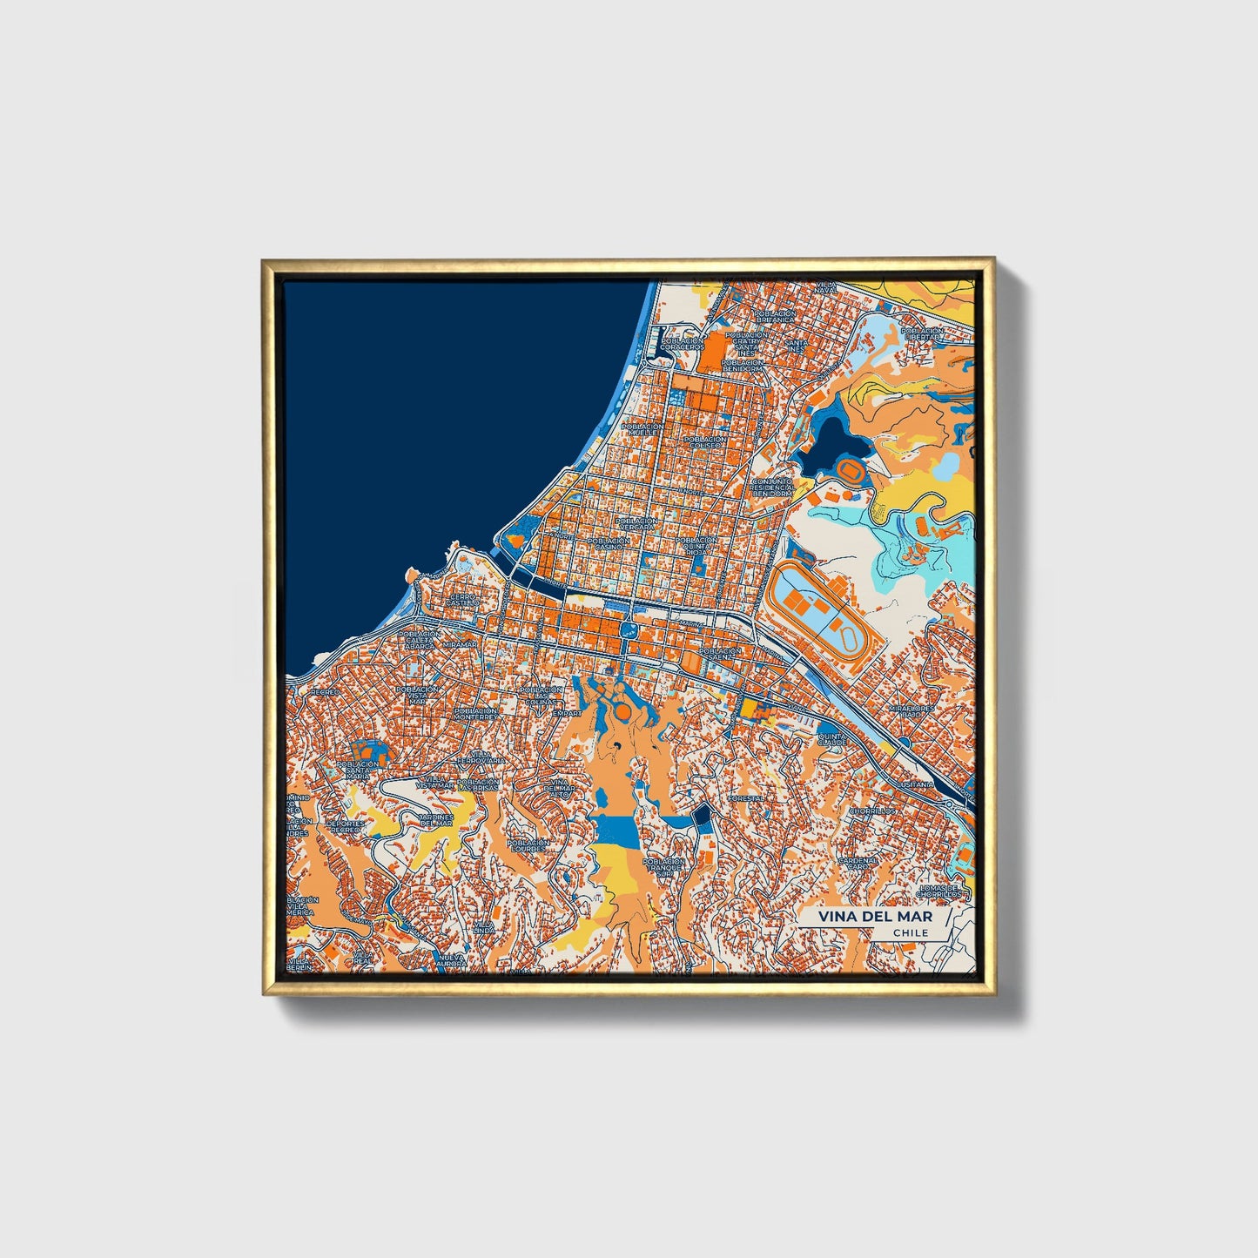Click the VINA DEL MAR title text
(x=875, y=917)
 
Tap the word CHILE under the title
(x=910, y=932)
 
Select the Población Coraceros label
(x=681, y=343)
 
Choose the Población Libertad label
(x=922, y=333)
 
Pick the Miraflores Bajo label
(x=912, y=711)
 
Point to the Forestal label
(x=746, y=797)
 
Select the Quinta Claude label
(x=831, y=738)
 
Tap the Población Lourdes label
(x=528, y=845)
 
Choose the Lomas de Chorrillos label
(x=938, y=890)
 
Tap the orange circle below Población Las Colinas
(x=623, y=713)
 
